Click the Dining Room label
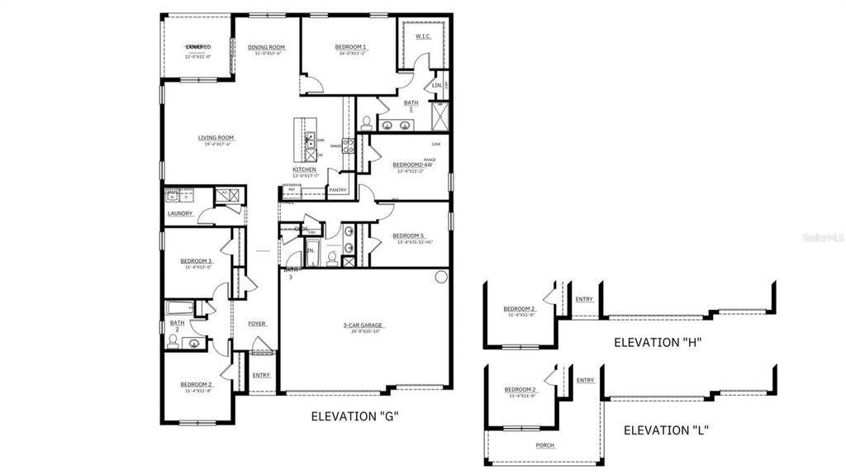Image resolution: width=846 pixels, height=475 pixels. pyautogui.click(x=266, y=47)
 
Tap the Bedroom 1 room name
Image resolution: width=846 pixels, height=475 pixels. pyautogui.click(x=351, y=47)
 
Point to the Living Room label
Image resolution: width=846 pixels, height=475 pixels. pyautogui.click(x=216, y=138)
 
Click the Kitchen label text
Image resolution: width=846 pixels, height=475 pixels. pyautogui.click(x=304, y=170)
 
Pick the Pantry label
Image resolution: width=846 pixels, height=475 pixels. pyautogui.click(x=337, y=189)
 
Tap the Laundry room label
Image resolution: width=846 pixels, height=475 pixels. pyautogui.click(x=180, y=213)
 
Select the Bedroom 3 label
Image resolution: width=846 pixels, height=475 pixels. pyautogui.click(x=197, y=261)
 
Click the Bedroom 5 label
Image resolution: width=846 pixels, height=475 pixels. pyautogui.click(x=408, y=235)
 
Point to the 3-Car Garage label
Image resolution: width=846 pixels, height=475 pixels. pyautogui.click(x=364, y=325)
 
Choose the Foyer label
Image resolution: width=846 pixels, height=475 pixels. pyautogui.click(x=257, y=323)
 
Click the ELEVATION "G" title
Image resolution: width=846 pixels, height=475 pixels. pyautogui.click(x=355, y=416)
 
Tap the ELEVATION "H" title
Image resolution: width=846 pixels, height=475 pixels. pyautogui.click(x=658, y=342)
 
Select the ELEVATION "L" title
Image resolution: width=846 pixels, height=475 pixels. pyautogui.click(x=666, y=430)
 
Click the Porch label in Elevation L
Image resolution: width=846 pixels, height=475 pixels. pyautogui.click(x=544, y=445)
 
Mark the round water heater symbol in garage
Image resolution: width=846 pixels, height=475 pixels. pyautogui.click(x=440, y=277)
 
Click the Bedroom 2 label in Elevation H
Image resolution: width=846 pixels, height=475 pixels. pyautogui.click(x=520, y=310)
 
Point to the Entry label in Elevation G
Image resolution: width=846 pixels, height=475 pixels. pyautogui.click(x=261, y=375)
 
